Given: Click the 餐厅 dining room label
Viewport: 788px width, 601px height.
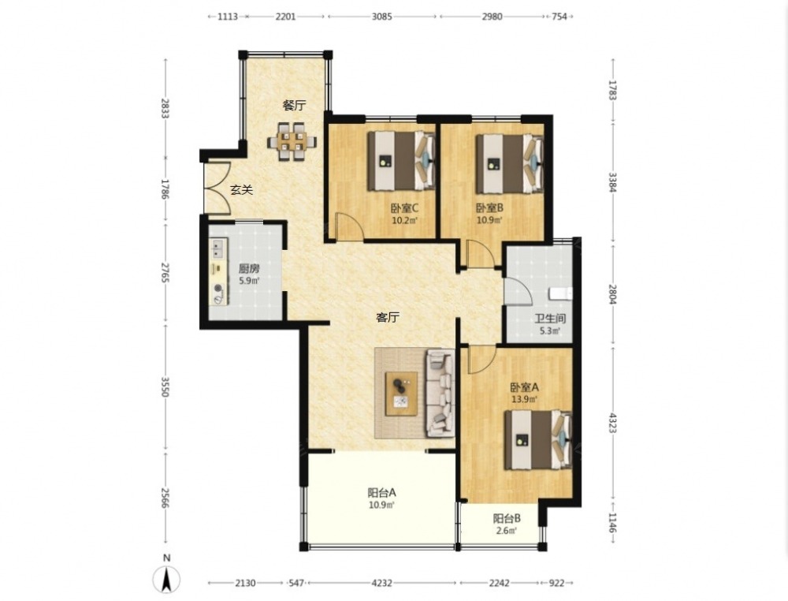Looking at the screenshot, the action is [294, 106].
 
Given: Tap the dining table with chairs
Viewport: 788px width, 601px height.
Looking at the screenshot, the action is [292, 141].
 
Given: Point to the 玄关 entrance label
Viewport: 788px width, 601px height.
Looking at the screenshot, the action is [241, 190].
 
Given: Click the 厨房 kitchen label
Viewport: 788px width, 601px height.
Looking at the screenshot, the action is [249, 269].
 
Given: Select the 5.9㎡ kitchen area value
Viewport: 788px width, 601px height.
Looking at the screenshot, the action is [249, 281].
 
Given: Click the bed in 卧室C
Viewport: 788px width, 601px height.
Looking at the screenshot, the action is [401, 160].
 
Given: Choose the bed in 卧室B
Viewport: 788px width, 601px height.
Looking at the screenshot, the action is [510, 163].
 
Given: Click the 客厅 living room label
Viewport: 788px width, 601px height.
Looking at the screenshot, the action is [388, 318].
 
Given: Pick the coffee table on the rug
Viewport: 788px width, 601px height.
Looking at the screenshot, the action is [402, 394].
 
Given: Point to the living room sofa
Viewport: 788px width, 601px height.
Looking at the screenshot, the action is [440, 394].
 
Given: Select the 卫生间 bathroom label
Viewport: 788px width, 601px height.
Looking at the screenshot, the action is [550, 319].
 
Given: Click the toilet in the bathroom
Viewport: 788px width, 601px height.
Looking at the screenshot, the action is [561, 293].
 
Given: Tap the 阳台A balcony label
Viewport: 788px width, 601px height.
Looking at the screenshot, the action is [381, 493].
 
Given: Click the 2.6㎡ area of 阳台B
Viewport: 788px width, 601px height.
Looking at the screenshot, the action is [507, 531].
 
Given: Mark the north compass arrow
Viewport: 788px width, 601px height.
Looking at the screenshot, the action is [167, 579].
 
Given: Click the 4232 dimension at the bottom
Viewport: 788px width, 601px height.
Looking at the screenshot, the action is [382, 584].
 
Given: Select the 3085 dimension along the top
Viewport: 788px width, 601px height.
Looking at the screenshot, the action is [382, 17].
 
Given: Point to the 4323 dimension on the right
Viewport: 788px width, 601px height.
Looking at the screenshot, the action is [612, 424].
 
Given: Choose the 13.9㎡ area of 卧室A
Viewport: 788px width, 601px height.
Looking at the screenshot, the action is [524, 400].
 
